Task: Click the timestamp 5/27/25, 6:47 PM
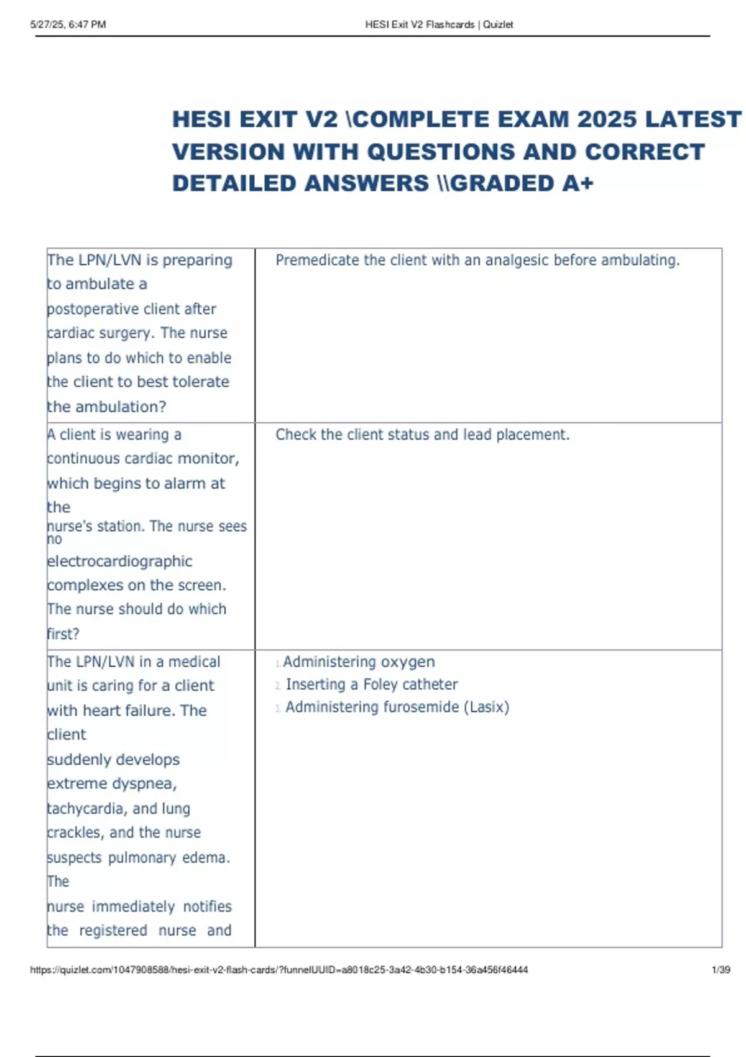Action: coord(68,25)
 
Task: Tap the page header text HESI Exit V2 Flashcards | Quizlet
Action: coord(439,25)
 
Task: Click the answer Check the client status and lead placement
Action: coord(422,435)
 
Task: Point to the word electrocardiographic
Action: coord(120,561)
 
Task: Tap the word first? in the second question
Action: coord(63,634)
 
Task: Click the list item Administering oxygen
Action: coord(359,662)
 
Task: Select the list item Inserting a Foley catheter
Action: coord(371,685)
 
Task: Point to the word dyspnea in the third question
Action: coord(150,783)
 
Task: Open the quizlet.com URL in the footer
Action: coord(279,969)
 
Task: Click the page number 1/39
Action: coord(721,969)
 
